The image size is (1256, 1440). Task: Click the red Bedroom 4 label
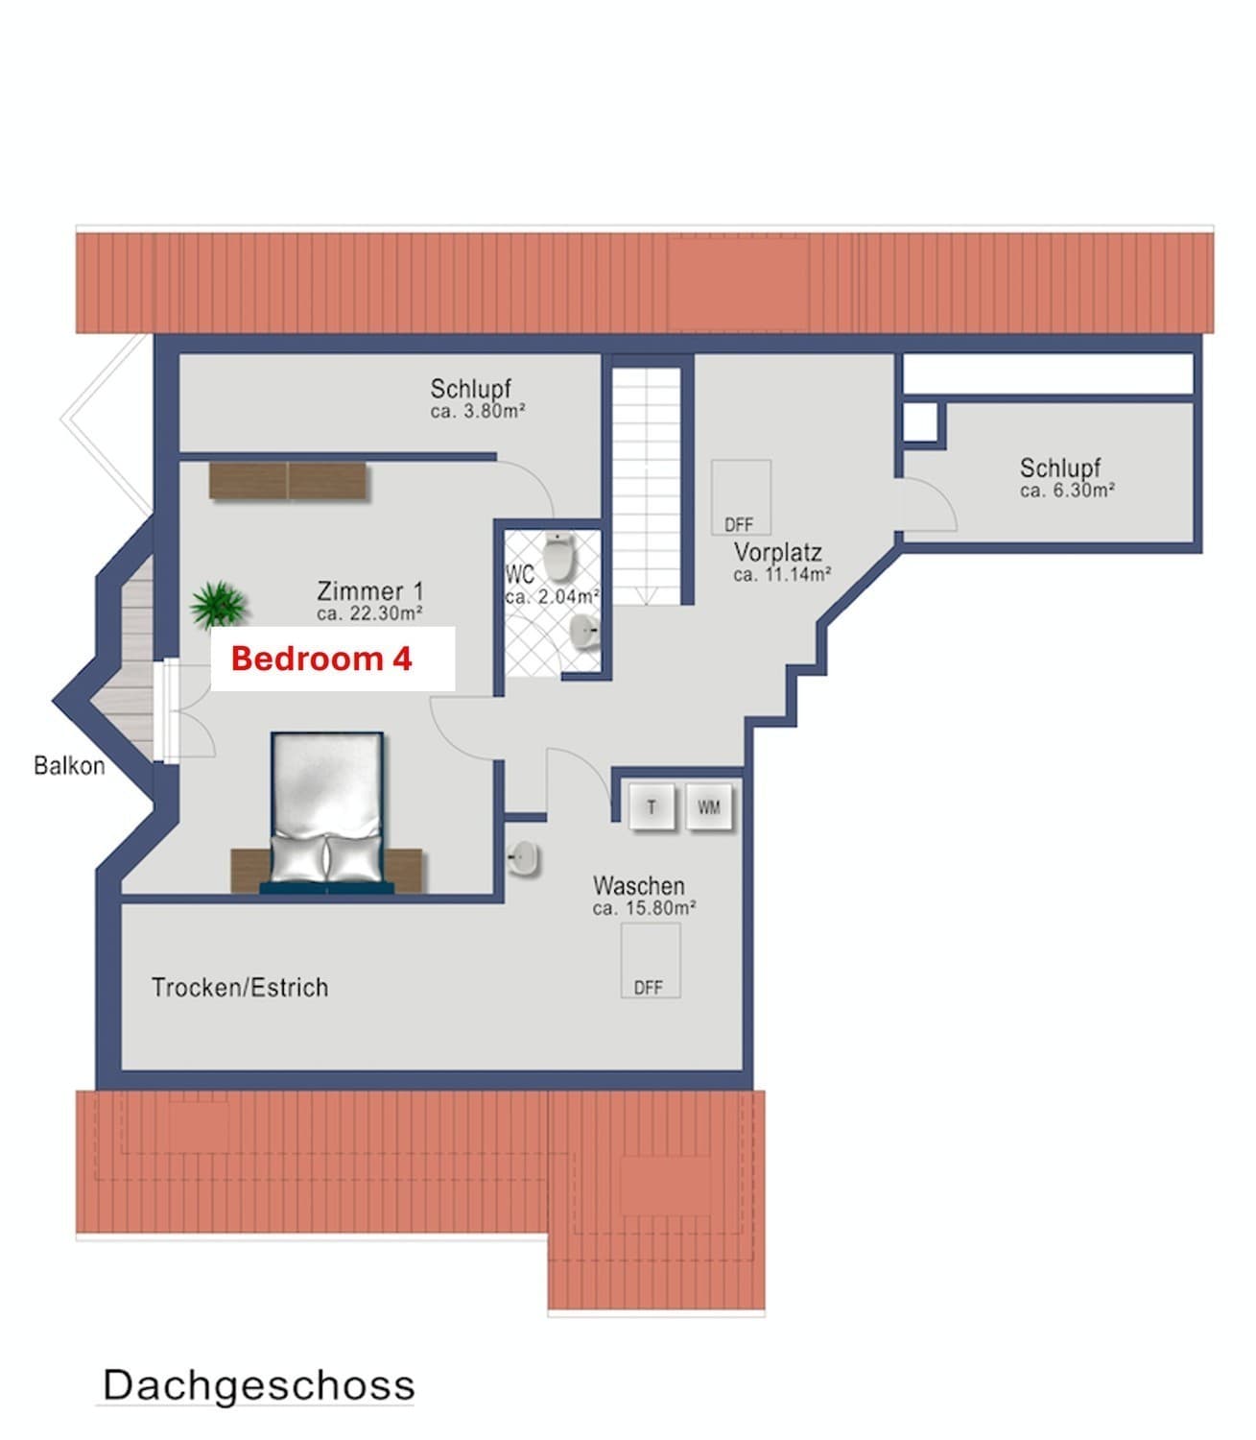(x=321, y=659)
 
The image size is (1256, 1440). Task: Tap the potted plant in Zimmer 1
(x=219, y=604)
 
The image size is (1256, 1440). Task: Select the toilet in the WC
(x=559, y=556)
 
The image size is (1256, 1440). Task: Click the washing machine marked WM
(x=709, y=806)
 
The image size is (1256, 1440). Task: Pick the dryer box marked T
(x=652, y=806)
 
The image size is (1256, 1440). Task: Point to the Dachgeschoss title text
(x=259, y=1384)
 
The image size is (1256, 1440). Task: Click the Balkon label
(x=70, y=765)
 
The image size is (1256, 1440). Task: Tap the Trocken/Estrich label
(x=240, y=988)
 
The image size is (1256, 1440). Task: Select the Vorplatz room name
(x=778, y=551)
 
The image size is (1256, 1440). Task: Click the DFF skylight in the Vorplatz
(x=741, y=497)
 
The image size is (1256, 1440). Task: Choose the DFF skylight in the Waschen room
(x=651, y=960)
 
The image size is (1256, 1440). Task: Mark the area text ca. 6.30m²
(x=1067, y=491)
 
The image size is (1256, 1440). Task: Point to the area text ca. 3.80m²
(x=478, y=411)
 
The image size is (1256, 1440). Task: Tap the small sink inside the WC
(x=583, y=631)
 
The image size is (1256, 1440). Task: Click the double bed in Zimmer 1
(x=327, y=813)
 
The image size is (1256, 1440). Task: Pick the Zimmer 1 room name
(x=370, y=590)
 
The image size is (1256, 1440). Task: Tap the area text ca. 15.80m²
(x=644, y=908)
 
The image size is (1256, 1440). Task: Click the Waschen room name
(x=638, y=885)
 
